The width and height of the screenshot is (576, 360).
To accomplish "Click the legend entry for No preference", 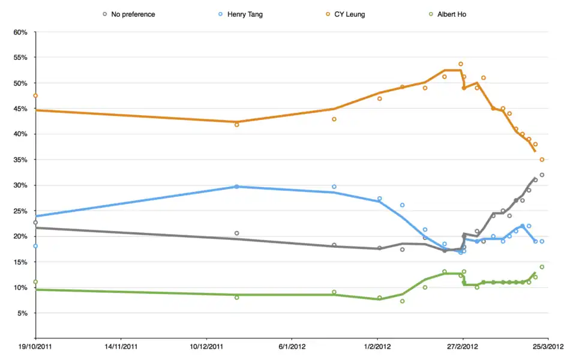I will [x=133, y=14].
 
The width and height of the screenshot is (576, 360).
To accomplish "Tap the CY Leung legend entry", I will [x=347, y=14].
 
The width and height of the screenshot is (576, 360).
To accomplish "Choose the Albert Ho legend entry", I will [x=449, y=14].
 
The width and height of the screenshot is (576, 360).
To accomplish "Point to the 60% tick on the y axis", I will [x=20, y=32].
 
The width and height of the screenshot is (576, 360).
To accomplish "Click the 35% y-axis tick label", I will [x=20, y=160].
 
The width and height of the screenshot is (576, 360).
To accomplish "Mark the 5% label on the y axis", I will [x=22, y=313].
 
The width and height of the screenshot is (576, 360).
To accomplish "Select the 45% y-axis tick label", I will [x=20, y=109].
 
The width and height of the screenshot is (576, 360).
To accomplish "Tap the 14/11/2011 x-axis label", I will [x=122, y=347].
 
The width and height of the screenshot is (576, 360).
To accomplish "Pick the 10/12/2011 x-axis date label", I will [x=207, y=347].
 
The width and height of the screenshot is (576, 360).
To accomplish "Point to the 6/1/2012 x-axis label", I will [x=292, y=347].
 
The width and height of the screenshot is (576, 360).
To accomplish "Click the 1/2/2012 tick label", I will [x=377, y=347].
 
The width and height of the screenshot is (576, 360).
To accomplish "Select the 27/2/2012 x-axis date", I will [x=462, y=347].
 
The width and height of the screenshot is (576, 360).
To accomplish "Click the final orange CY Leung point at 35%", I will [x=542, y=160].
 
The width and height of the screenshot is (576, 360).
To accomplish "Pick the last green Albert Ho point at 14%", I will [x=542, y=267].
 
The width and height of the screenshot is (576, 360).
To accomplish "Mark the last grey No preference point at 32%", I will [x=542, y=175].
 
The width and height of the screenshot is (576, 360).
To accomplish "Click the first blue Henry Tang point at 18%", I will [x=35, y=246].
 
